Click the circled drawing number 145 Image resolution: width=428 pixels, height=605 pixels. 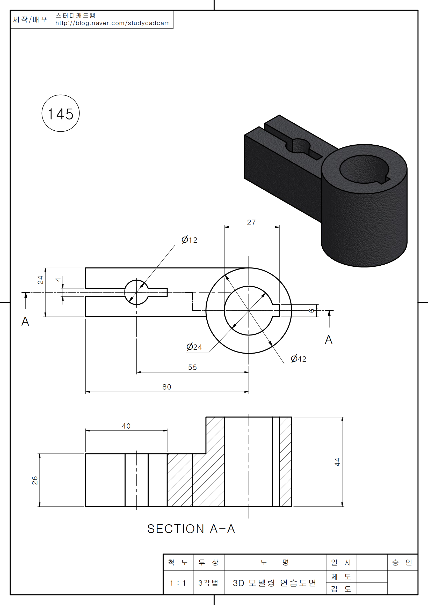click(61, 113)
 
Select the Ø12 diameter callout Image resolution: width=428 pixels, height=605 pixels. click(189, 240)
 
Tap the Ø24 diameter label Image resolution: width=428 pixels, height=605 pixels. click(194, 347)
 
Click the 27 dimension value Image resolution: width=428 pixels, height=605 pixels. click(251, 222)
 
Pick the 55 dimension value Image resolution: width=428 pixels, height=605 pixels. click(192, 367)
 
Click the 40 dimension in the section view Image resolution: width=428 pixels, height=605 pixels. click(126, 426)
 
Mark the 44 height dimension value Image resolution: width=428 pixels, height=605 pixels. click(337, 462)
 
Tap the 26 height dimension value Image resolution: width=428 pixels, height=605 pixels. click(35, 480)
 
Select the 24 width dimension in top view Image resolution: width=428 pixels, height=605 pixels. click(40, 280)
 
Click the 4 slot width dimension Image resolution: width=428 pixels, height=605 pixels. click(58, 280)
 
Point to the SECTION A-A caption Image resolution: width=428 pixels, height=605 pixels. click(191, 529)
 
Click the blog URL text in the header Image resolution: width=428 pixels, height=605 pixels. click(112, 23)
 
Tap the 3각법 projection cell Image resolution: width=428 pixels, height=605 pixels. click(208, 582)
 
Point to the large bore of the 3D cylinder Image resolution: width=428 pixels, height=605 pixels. click(364, 169)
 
